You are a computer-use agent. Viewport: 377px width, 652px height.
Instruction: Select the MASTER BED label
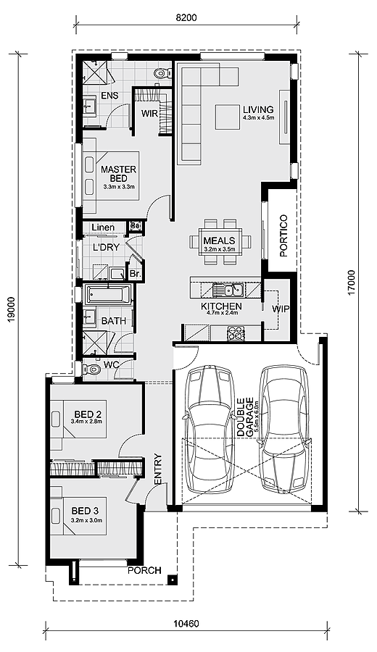pyautogui.click(x=118, y=173)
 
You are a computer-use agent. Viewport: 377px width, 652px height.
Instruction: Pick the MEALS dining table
pyautogui.click(x=219, y=241)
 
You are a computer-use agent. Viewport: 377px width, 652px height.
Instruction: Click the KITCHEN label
pyautogui.click(x=221, y=306)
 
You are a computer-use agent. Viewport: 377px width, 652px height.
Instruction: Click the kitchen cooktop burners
pyautogui.click(x=236, y=333)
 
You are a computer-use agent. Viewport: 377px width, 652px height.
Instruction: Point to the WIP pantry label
pyautogui.click(x=281, y=309)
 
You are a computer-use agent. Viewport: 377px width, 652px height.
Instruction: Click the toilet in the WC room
pyautogui.click(x=90, y=369)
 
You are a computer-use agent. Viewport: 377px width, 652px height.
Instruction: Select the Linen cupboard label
pyautogui.click(x=104, y=228)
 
